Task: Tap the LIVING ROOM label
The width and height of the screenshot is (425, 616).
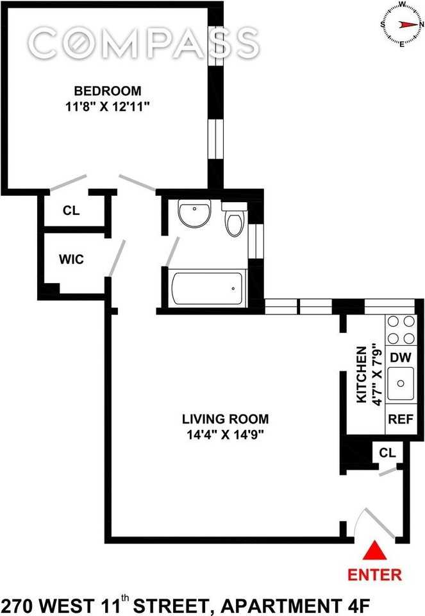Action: [225, 419]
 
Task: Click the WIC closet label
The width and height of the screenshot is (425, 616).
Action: [71, 259]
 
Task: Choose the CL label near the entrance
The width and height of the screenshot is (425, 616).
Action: [387, 453]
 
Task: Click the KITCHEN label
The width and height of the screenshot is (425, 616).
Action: [362, 375]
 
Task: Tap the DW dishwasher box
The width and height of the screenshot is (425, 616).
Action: [401, 357]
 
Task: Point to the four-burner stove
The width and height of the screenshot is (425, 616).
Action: [401, 330]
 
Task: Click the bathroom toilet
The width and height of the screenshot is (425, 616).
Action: [234, 222]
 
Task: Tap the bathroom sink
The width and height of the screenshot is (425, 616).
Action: [194, 214]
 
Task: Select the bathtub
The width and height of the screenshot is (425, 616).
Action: [206, 289]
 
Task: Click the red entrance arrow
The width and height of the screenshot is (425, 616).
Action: [374, 552]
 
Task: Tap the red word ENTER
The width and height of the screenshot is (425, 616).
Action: [374, 574]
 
